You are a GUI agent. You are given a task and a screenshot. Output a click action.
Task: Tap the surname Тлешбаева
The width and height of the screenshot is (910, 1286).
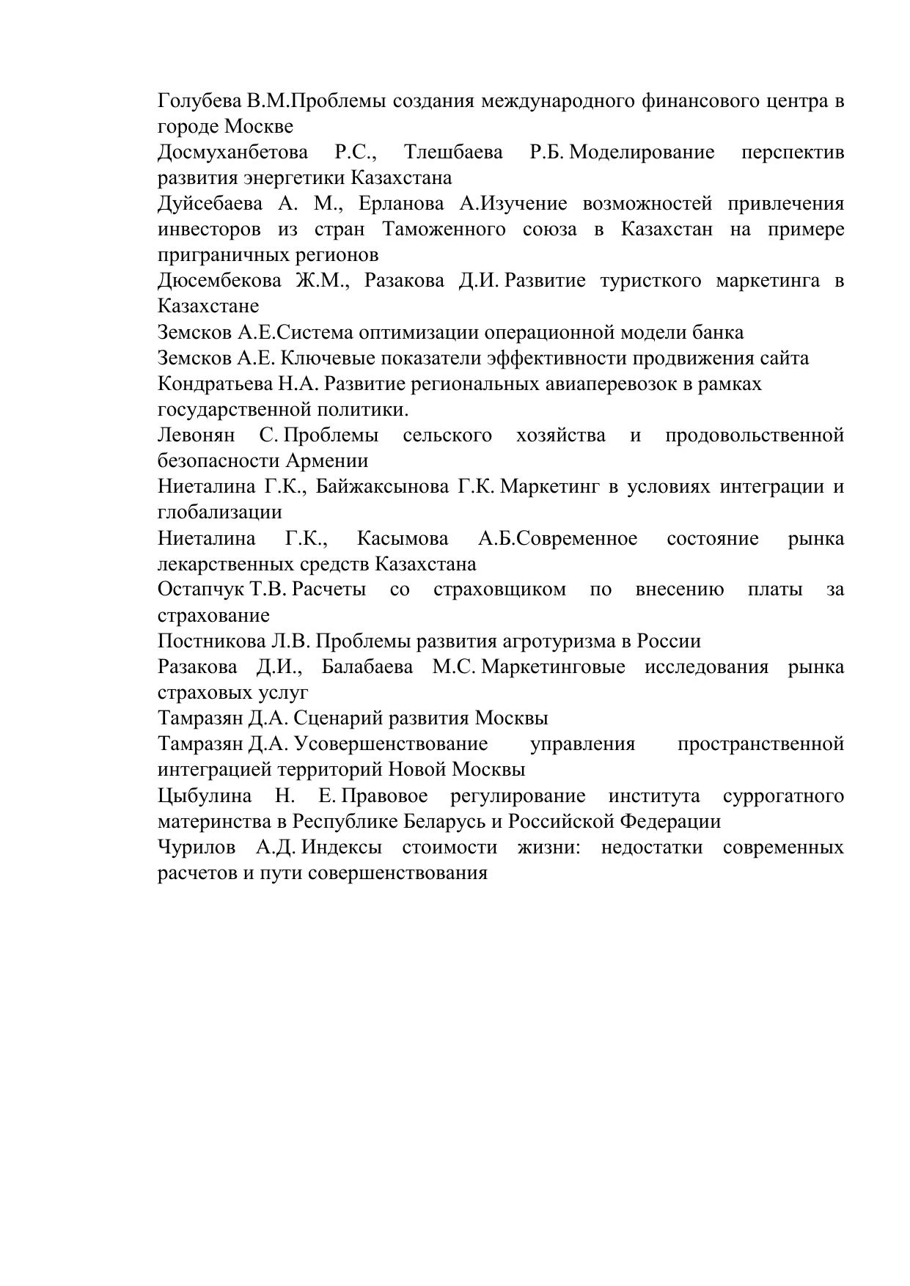pos(453,153)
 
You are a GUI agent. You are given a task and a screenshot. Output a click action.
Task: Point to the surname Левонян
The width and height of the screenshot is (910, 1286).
pos(196,436)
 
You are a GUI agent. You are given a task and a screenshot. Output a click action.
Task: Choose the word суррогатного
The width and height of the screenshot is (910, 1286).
pos(782,796)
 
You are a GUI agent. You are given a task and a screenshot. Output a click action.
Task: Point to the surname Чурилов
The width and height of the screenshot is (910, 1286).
pos(197,848)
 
